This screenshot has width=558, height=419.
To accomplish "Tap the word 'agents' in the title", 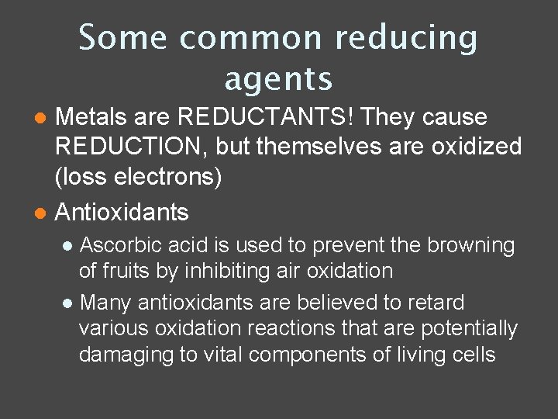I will (x=278, y=78).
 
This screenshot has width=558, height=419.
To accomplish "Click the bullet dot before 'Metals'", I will (x=43, y=118).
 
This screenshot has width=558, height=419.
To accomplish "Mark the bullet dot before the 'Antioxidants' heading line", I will (x=43, y=212).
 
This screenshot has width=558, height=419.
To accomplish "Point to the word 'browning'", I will (x=470, y=245).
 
